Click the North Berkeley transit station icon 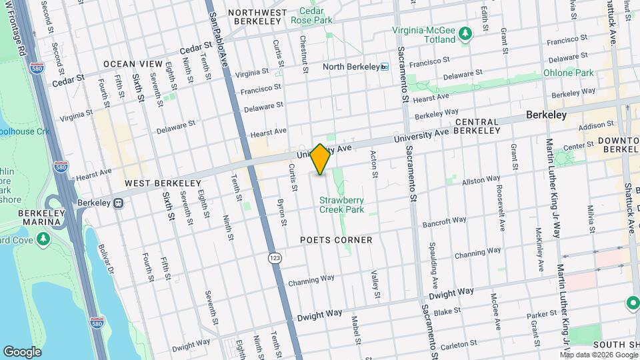click(x=384, y=67)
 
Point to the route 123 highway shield click(x=274, y=257)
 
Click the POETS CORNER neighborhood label click(x=336, y=239)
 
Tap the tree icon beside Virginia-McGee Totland click(x=467, y=33)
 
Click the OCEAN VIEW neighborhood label click(x=133, y=64)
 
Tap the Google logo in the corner click(x=22, y=351)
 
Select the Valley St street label click(x=375, y=284)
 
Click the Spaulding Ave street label click(x=434, y=259)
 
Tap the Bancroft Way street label click(x=444, y=221)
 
